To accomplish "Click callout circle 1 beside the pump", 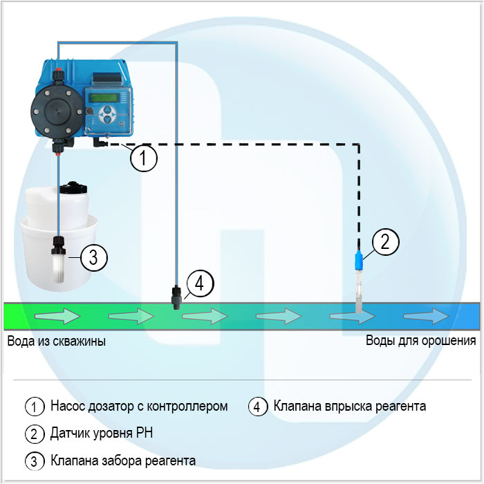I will tap(144, 159).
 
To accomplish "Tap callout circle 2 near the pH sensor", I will tap(386, 241).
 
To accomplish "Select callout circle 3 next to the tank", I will tap(94, 257).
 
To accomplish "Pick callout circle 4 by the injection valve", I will tap(199, 283).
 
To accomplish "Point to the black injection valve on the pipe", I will tap(176, 293).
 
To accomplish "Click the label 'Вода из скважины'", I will tap(57, 341).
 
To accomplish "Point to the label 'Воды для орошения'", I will tap(420, 341).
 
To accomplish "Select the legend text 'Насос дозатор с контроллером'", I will tap(139, 407).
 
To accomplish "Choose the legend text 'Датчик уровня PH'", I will tap(101, 434).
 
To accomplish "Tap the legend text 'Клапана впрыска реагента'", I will tap(350, 407).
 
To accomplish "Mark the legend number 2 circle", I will tap(33, 434).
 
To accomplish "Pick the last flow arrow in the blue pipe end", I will tap(427, 316).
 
